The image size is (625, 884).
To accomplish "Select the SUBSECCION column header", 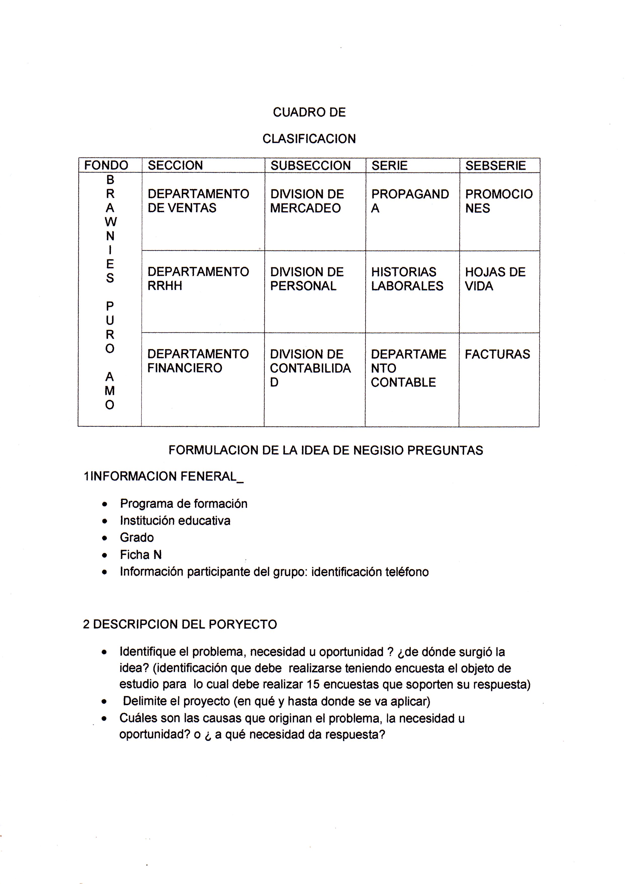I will click(x=310, y=166).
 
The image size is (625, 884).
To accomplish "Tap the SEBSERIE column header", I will click(x=495, y=166).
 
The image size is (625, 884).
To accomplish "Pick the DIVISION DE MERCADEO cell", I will click(x=307, y=201).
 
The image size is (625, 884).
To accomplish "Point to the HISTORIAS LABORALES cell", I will click(x=407, y=279).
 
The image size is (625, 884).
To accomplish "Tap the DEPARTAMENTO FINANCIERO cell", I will click(x=198, y=361).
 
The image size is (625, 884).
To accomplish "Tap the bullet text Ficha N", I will click(x=141, y=555).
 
